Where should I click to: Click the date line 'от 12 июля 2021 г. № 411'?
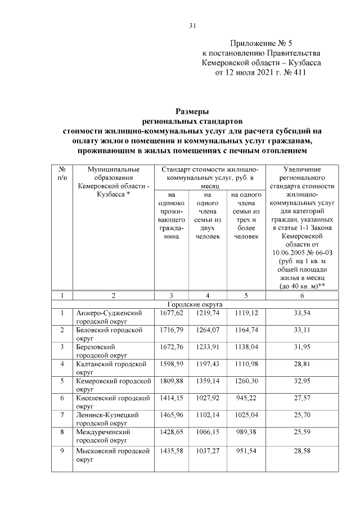pos(262,72)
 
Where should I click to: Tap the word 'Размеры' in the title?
pos(192,112)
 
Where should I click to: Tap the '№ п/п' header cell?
pos(62,173)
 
